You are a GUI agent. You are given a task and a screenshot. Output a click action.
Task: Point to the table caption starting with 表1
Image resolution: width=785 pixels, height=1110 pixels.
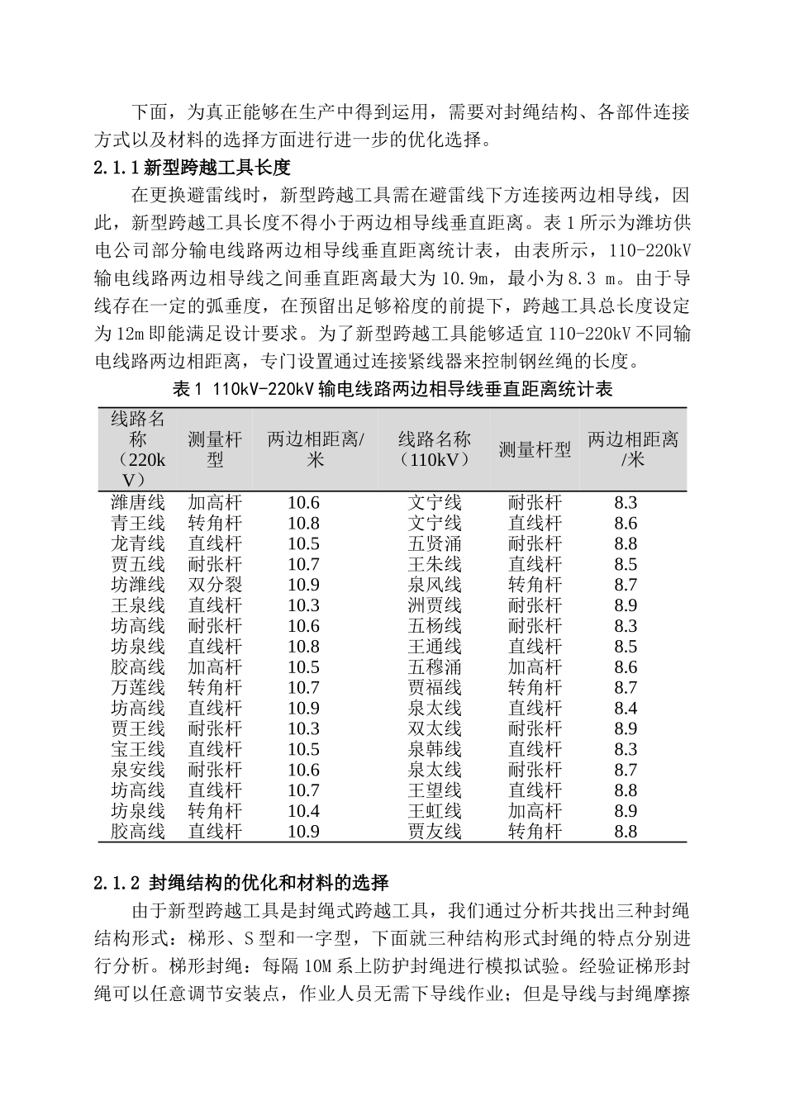[x=392, y=389]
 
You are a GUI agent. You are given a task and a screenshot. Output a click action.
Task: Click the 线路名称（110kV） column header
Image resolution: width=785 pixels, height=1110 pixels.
[x=434, y=449]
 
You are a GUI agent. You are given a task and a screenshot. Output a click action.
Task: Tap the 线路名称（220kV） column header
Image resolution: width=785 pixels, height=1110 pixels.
[x=138, y=449]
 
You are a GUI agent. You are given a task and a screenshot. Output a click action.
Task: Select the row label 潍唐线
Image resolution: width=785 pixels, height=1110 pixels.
[x=138, y=502]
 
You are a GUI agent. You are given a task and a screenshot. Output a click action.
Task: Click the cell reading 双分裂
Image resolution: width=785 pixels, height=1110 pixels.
[x=215, y=585]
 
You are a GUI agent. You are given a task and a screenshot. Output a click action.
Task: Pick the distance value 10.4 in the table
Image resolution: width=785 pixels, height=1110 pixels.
[x=303, y=811]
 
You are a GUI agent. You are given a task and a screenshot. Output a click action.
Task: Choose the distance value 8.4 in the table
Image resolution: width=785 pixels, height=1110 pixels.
[x=626, y=708]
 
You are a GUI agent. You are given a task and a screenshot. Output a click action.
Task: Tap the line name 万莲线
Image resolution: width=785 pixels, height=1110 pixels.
[x=138, y=687]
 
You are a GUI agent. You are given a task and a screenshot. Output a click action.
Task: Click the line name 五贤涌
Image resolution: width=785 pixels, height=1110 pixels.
[x=434, y=543]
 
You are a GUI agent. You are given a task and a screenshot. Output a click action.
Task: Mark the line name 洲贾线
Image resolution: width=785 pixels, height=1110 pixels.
[x=434, y=605]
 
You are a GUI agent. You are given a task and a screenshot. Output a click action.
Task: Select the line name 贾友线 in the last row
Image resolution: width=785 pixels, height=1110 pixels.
[x=434, y=832]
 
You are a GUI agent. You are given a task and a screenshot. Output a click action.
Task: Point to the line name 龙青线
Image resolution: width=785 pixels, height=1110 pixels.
[x=138, y=543]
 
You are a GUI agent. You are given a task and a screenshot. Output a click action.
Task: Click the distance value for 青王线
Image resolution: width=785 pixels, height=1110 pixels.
[x=303, y=523]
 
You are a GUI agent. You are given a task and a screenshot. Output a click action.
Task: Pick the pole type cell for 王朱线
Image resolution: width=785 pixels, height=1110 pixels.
[x=535, y=564]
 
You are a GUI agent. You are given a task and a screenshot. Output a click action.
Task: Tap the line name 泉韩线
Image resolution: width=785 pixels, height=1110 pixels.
[x=434, y=749]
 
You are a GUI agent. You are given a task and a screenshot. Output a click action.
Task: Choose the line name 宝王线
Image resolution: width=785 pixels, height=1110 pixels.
[x=138, y=749]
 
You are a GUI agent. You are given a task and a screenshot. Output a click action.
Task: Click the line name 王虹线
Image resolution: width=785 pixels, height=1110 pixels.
[x=434, y=811]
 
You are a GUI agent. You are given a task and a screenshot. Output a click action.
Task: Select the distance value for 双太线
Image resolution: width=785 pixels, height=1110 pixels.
[x=626, y=728]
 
